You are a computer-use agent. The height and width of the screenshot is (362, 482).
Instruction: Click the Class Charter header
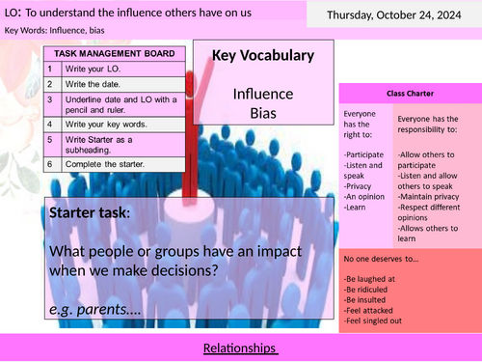click(410, 95)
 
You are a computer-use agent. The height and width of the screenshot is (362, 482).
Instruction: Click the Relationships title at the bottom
click(241, 347)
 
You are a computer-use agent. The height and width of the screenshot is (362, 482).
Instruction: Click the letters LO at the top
click(13, 11)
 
